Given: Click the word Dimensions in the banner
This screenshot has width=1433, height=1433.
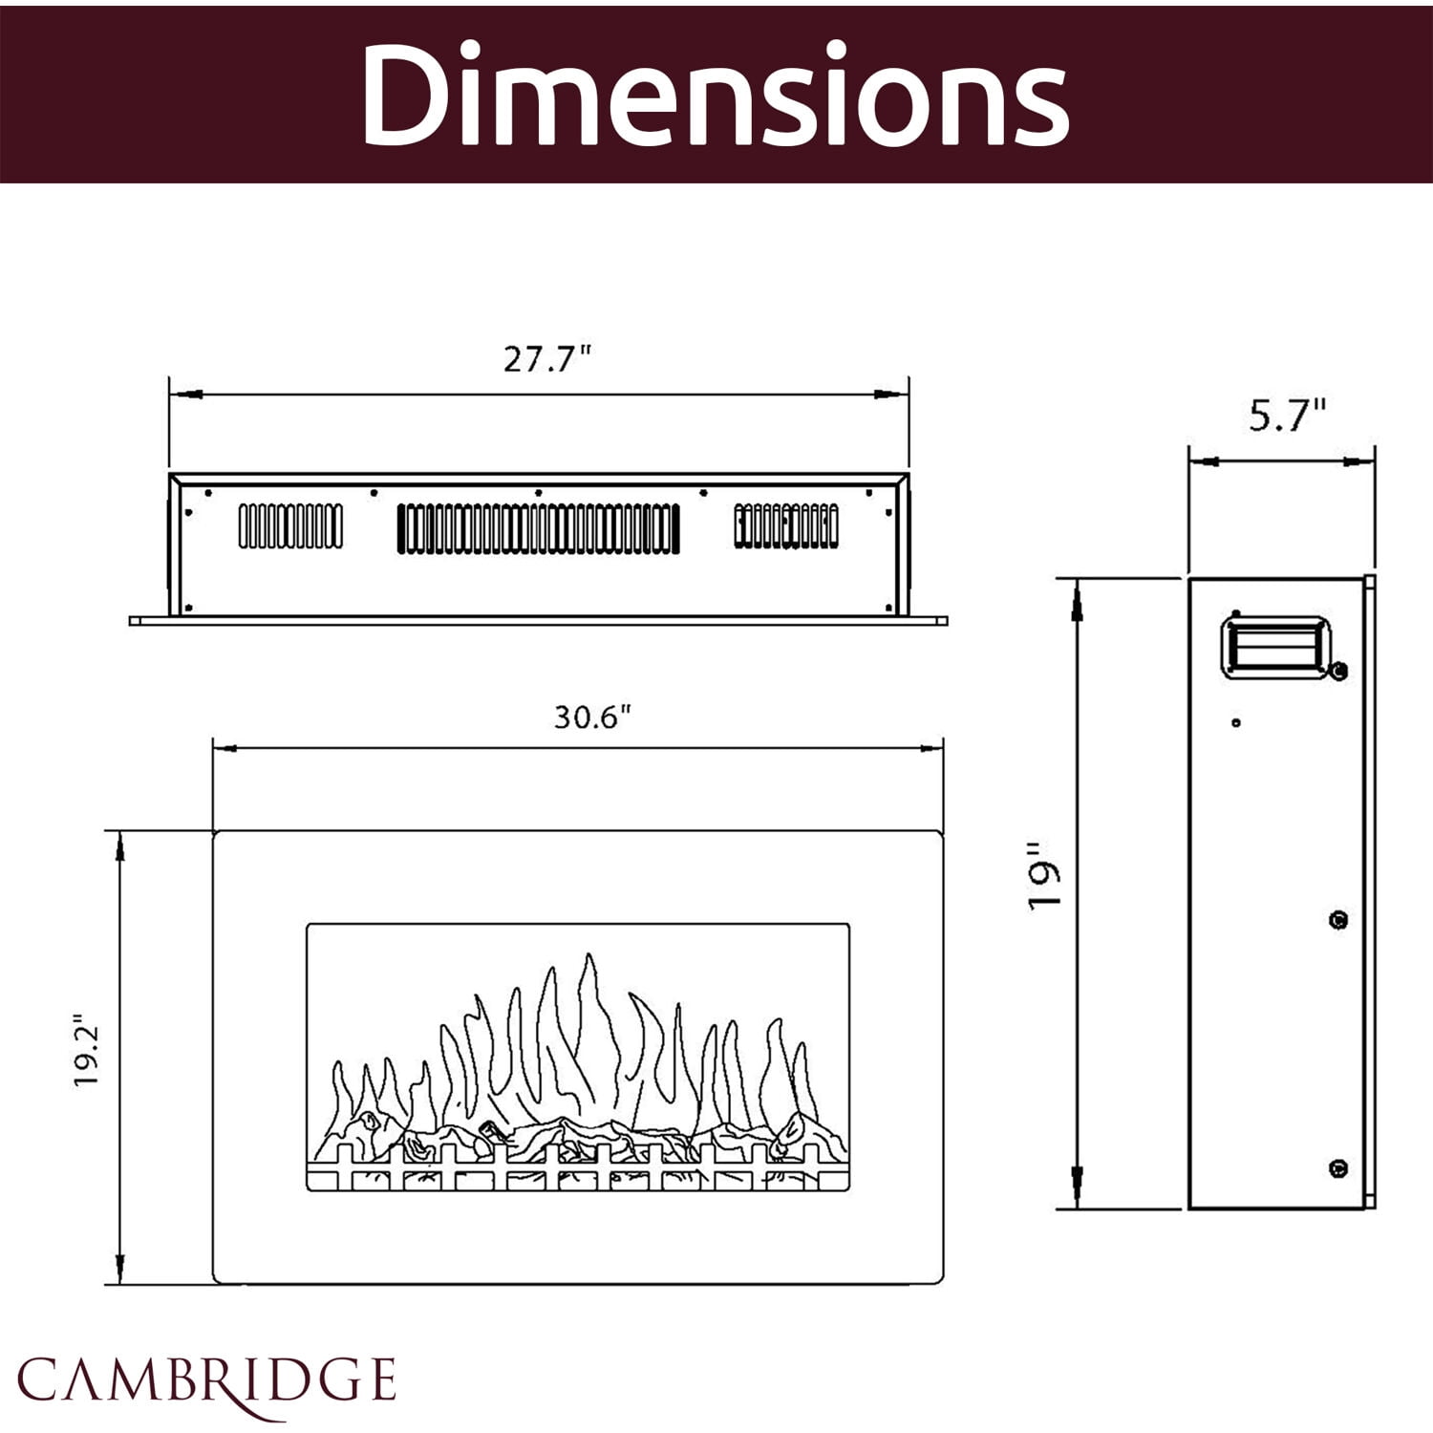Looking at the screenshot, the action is [x=715, y=94].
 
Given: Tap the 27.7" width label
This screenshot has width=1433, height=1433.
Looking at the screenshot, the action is [x=547, y=359].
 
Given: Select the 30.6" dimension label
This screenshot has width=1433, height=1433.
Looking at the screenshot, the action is [x=592, y=716].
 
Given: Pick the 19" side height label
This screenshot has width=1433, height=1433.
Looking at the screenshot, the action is [x=1045, y=876].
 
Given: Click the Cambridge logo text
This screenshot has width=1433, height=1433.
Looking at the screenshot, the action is [x=206, y=1380].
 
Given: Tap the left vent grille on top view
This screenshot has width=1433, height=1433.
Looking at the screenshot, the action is [x=290, y=526].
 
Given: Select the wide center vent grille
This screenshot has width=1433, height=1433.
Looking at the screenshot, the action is [x=539, y=528].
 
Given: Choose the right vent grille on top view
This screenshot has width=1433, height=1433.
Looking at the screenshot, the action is [x=786, y=526].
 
